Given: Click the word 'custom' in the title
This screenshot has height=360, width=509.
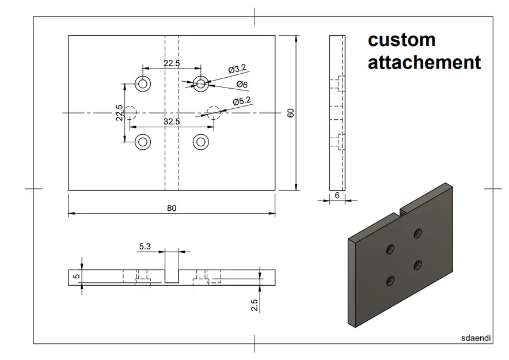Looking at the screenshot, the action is (401, 40).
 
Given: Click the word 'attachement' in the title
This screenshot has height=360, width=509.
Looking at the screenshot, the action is (424, 62).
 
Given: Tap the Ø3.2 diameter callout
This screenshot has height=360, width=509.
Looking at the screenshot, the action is (237, 69).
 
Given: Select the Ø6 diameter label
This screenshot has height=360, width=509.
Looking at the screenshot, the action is (242, 85).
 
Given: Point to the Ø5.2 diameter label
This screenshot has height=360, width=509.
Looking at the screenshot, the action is (242, 101).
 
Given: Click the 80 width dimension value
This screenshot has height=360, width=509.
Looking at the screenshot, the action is (172, 208).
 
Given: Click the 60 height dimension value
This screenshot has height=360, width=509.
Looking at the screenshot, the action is (291, 113).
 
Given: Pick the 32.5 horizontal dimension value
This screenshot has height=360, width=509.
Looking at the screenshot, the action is (172, 122).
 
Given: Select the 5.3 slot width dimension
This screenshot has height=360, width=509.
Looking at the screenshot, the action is (145, 247).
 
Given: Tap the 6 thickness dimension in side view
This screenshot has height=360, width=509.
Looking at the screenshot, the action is (337, 196).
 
